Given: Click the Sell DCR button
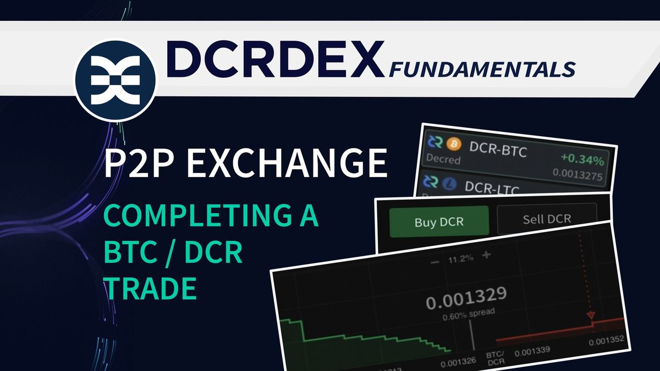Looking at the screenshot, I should tap(546, 219).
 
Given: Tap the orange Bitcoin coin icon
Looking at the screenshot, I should tap(453, 145).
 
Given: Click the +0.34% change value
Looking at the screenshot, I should tap(582, 162).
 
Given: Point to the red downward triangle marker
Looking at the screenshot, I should tap(591, 315).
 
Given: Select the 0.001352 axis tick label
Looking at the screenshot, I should tap(607, 341).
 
